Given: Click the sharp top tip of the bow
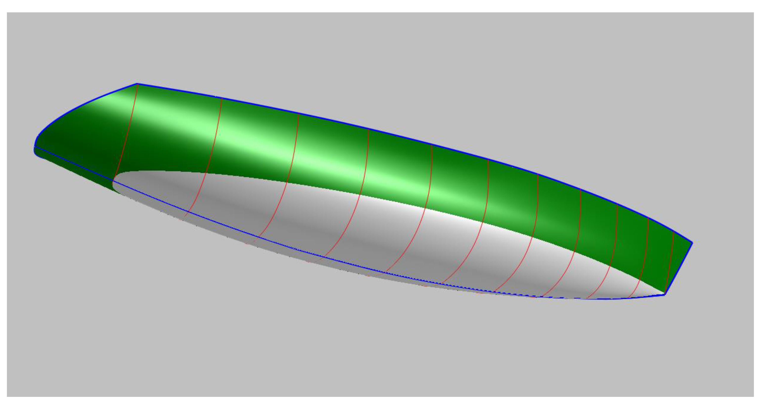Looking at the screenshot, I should [x=692, y=243].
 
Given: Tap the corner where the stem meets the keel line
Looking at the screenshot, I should [x=665, y=295].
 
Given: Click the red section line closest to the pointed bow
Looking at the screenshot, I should [x=670, y=264].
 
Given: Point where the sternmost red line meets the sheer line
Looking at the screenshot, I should [x=138, y=85].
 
